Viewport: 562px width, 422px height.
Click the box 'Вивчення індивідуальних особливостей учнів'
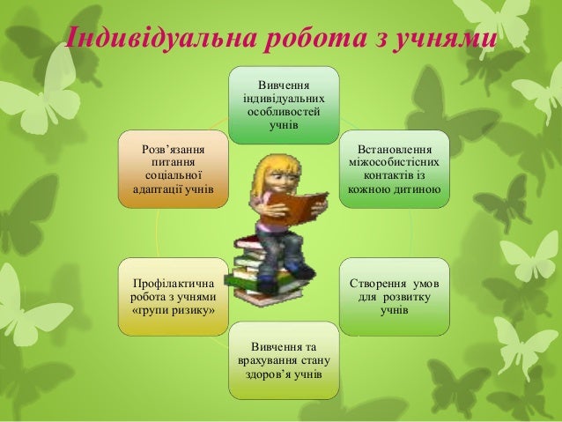283,104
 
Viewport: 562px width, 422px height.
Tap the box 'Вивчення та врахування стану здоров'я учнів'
283,359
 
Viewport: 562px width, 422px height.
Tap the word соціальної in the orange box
173,174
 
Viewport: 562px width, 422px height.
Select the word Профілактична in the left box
173,284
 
